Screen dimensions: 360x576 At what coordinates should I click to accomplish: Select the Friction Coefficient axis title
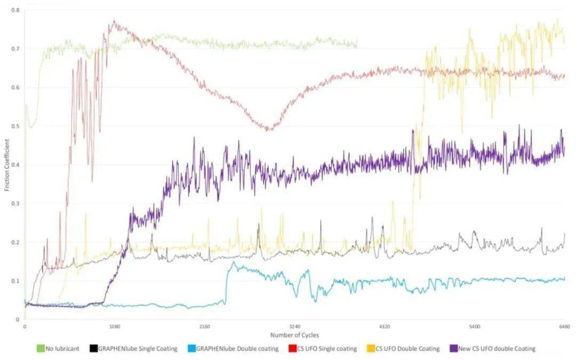point(7,165)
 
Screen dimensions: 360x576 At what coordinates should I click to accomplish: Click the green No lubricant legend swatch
point(40,349)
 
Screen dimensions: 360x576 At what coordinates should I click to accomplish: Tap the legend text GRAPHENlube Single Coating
point(135,349)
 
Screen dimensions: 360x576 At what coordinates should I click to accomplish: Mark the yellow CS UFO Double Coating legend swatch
point(371,349)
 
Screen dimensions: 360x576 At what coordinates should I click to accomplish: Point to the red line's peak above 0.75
point(114,21)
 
